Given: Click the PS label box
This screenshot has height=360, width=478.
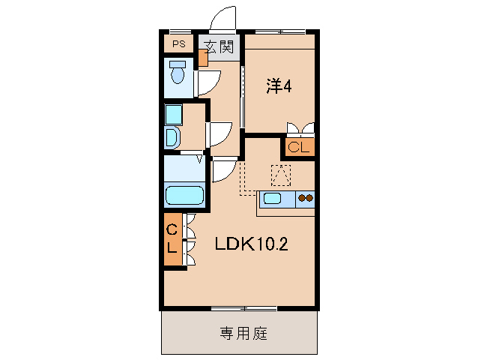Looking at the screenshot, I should [x=178, y=43].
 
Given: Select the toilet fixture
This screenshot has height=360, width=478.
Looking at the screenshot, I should [x=178, y=76].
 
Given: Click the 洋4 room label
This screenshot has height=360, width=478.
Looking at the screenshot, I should [x=278, y=87].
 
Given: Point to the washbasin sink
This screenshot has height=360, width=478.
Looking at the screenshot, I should [x=172, y=138].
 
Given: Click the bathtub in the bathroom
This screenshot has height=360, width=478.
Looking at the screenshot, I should [x=184, y=196].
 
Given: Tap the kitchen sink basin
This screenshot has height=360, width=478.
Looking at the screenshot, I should [x=271, y=199].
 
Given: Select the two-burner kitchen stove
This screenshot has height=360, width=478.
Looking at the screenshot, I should [x=306, y=199].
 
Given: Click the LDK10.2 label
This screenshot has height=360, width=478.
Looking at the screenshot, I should [x=252, y=244].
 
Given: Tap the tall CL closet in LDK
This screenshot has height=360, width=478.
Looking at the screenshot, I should [x=172, y=239].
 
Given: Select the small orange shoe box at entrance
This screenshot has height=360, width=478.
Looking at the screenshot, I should [x=203, y=58].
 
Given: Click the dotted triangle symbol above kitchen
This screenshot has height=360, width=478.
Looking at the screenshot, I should [x=279, y=175].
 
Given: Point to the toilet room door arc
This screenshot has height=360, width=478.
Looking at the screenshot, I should [x=207, y=82].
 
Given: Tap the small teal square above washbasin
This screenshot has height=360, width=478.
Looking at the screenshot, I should [x=173, y=114].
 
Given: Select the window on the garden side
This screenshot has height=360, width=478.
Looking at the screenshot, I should [x=243, y=308].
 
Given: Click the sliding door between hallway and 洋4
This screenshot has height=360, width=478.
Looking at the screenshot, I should [x=242, y=97].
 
